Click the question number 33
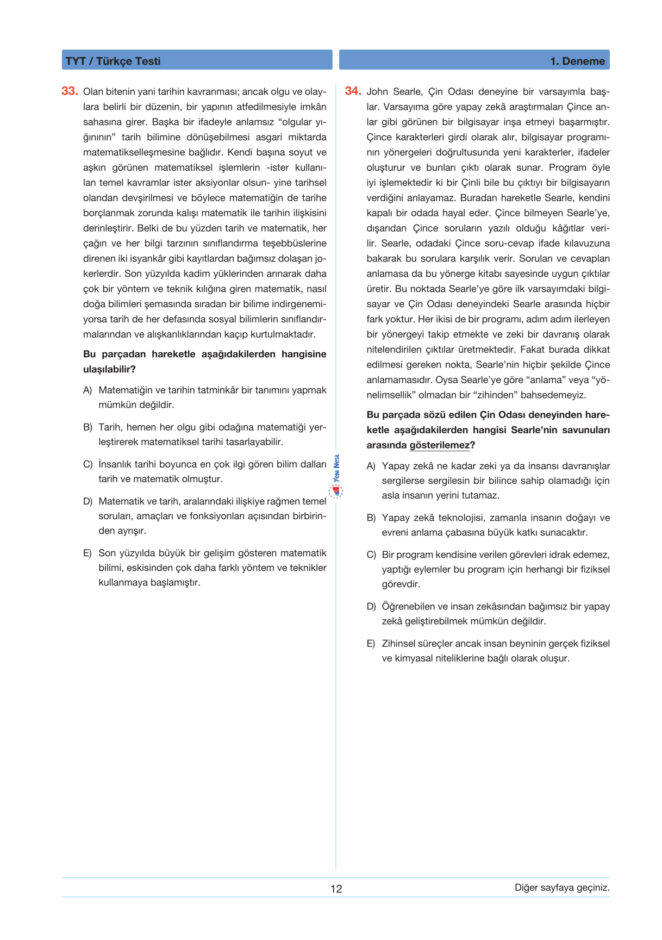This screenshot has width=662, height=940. pos(70,91)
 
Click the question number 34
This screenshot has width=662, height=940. pos(353,91)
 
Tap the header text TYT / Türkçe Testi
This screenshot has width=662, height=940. pos(113,61)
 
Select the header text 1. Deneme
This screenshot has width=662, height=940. pos(577,61)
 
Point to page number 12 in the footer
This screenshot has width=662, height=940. pos(336,888)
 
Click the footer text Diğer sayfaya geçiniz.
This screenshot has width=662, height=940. pos(562,887)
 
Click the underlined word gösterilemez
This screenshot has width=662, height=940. pos(440,445)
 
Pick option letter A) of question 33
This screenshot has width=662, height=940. pos(88,390)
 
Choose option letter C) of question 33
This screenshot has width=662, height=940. pos(88,464)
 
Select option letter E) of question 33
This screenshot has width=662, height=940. pos(88,553)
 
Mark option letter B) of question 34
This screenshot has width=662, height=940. pos(371,518)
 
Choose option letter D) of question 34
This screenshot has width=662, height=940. pos(371,607)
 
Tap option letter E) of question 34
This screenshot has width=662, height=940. pos(371,644)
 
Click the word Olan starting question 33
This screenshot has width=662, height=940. pos(93,91)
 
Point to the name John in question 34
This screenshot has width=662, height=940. pos(378,91)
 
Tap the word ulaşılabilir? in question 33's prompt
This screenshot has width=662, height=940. pos(109,369)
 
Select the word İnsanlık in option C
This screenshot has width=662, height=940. pos(115,464)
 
